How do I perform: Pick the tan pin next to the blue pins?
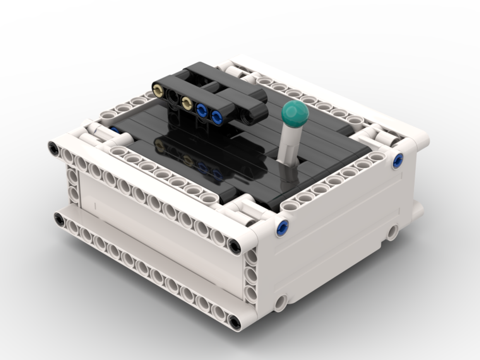[x=187, y=102]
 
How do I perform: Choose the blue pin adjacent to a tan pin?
[x=202, y=109]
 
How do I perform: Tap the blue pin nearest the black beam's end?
[x=217, y=116]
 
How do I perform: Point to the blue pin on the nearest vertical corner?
[x=282, y=228]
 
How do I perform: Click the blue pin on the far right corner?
[x=397, y=161]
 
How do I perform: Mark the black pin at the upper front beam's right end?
[x=235, y=246]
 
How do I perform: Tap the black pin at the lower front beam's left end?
[x=59, y=220]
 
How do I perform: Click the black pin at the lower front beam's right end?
[x=235, y=321]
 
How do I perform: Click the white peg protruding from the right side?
[x=418, y=210]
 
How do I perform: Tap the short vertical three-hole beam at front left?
[x=72, y=185]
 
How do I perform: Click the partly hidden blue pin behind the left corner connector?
[x=115, y=130]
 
